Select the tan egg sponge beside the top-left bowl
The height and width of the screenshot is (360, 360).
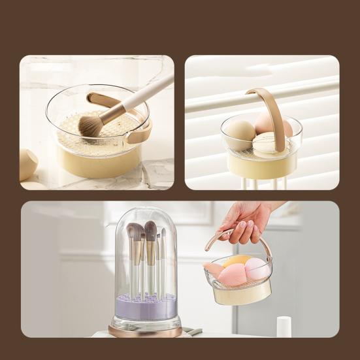click(27, 164)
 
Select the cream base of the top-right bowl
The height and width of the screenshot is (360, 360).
click(261, 166)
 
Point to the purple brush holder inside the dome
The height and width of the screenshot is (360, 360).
click(145, 306)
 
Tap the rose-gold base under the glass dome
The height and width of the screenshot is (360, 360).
click(145, 331)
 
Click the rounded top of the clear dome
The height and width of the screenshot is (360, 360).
click(145, 214)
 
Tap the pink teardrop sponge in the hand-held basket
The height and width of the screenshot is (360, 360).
click(232, 275)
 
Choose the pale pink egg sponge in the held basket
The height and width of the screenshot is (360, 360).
click(255, 268)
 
